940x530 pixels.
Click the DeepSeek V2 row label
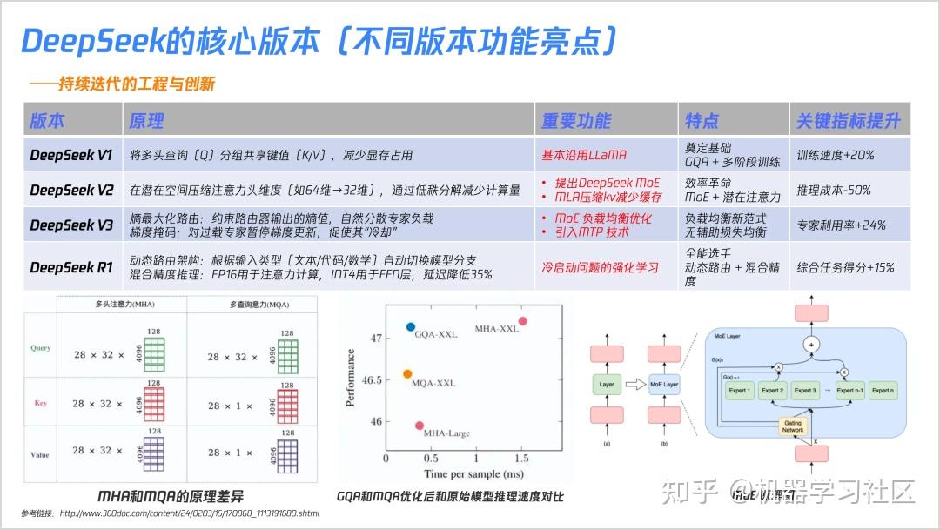(71, 190)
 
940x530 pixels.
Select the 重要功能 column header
(576, 121)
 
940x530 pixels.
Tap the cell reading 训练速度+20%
(835, 155)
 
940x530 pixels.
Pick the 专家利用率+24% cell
(841, 225)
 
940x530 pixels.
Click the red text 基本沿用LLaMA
(584, 155)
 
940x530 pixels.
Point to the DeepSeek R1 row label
(71, 267)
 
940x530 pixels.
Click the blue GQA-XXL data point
(411, 327)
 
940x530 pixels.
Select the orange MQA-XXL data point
(407, 374)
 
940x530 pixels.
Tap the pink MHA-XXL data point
(523, 321)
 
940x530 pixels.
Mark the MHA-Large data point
(420, 426)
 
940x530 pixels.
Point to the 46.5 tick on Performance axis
(370, 380)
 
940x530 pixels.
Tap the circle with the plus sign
(812, 344)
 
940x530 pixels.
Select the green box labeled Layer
(606, 383)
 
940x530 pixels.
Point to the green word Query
(40, 348)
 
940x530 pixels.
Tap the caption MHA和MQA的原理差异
(172, 496)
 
